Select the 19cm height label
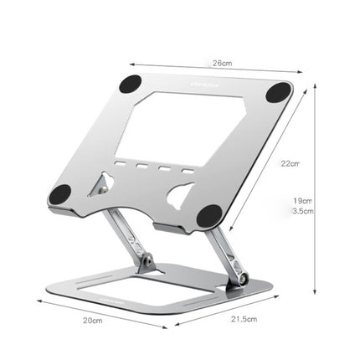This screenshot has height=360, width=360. [x=301, y=199]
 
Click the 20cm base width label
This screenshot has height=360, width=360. [x=91, y=321]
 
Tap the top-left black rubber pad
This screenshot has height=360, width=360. [x=130, y=84]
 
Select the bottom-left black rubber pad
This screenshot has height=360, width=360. [x=59, y=194]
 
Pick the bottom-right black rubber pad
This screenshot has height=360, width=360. [x=209, y=216]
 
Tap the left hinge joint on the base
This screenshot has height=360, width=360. [x=147, y=261]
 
